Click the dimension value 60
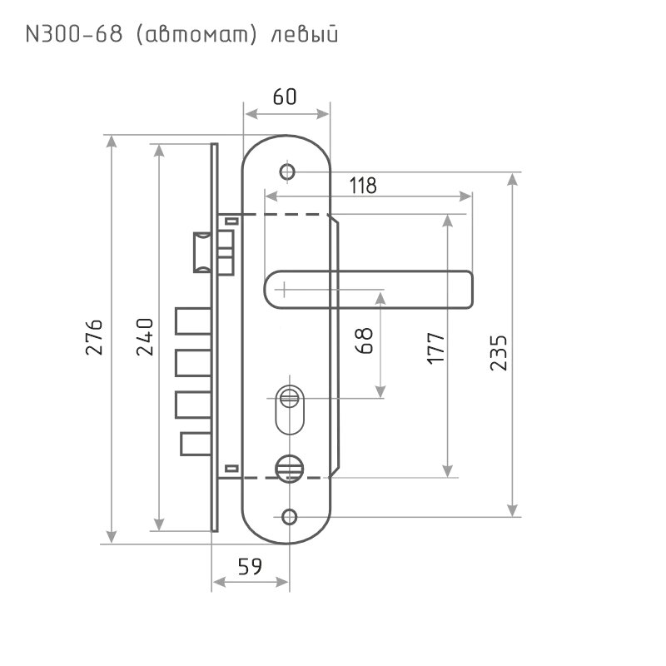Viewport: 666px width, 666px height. point(285,97)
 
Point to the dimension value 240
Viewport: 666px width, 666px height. point(144,336)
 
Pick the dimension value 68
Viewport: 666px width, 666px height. point(365,340)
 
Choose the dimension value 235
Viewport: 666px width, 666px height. point(499,353)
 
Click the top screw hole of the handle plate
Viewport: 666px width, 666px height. point(288,172)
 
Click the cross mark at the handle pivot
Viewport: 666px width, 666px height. point(284,290)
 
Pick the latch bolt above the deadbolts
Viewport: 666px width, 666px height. point(201,253)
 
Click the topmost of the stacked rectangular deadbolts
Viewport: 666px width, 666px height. point(191,322)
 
